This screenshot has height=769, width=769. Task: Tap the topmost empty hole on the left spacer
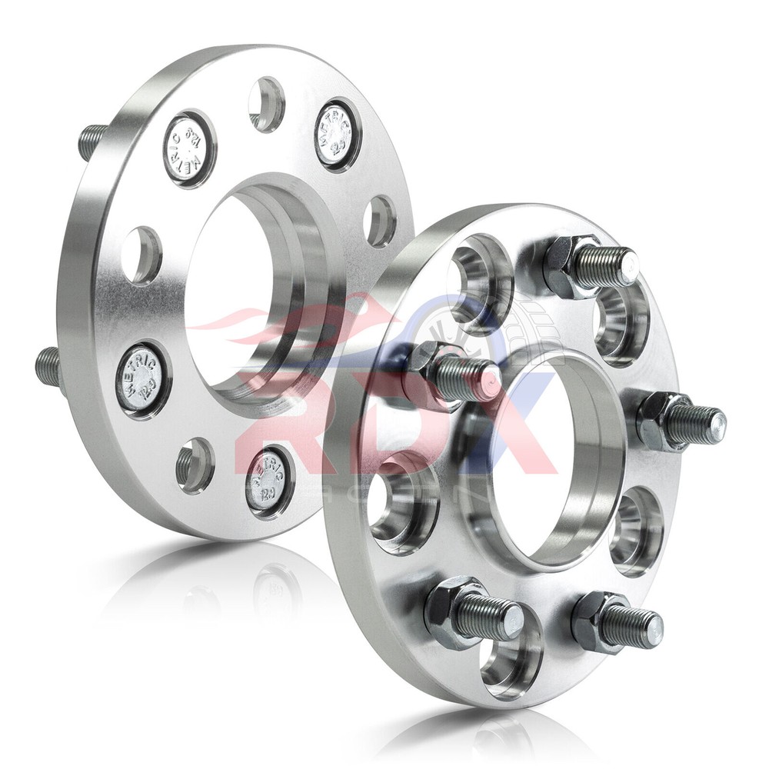pyautogui.click(x=267, y=105)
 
